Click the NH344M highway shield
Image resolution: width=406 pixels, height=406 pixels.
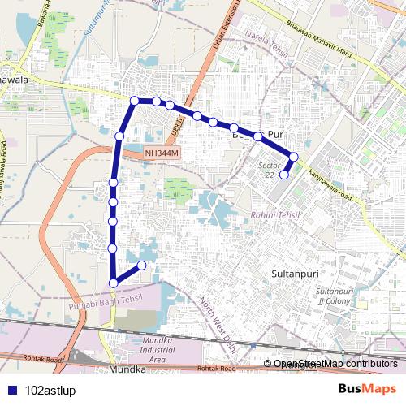161,153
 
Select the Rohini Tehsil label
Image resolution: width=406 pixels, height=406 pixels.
275,214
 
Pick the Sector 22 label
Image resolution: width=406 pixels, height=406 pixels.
267,170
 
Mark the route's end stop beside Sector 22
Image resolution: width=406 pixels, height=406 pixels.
284,174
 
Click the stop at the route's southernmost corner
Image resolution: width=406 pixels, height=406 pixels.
113,283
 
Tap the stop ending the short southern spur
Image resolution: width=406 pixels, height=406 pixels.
142,266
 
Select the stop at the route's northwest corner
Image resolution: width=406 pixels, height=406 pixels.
135,101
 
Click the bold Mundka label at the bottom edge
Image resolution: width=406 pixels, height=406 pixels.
127,369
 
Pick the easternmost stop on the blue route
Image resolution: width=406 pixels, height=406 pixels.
294,156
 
